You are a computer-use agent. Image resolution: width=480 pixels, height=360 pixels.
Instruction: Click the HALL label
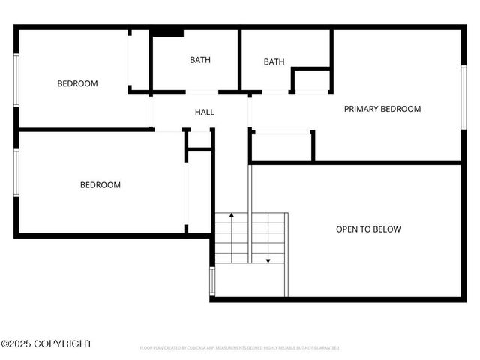click(x=205, y=112)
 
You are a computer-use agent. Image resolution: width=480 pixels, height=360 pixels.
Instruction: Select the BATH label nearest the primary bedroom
click(x=274, y=61)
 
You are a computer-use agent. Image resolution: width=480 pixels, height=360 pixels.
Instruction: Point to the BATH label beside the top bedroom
click(x=200, y=59)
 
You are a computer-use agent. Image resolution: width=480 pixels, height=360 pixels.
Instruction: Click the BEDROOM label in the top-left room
click(x=77, y=83)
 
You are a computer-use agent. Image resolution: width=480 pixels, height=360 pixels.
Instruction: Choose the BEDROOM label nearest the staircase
click(x=100, y=184)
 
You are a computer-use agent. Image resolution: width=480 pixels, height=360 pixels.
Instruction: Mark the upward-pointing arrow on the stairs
click(x=232, y=216)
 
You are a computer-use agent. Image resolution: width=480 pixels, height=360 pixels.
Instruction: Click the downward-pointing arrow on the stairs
click(x=268, y=259)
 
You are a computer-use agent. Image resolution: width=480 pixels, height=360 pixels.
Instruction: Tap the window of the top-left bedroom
click(x=16, y=82)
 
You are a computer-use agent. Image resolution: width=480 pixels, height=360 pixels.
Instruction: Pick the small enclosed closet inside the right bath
click(x=310, y=79)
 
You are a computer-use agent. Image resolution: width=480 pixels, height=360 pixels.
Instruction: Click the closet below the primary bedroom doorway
click(x=281, y=146)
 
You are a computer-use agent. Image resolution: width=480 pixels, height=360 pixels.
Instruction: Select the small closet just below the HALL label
click(x=199, y=139)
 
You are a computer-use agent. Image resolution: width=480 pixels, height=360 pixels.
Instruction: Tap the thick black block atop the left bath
click(x=168, y=32)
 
